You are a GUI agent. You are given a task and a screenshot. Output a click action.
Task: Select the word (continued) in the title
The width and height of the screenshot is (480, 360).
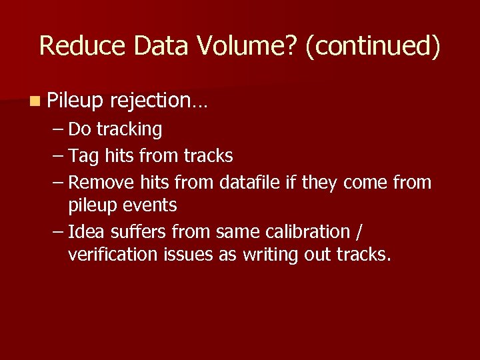point(373,46)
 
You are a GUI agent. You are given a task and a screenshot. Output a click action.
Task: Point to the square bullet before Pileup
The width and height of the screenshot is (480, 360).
point(34,101)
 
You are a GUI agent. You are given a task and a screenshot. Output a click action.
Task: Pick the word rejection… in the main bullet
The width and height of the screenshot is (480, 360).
point(159,101)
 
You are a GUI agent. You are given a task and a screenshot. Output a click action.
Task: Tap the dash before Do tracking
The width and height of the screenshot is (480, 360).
point(58,129)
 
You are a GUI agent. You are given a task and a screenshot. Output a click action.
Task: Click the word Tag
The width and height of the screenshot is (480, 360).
point(83,156)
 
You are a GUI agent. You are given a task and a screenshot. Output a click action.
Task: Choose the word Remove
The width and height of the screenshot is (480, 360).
point(102,182)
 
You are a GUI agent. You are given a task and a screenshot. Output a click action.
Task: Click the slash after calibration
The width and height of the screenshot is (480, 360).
point(360,232)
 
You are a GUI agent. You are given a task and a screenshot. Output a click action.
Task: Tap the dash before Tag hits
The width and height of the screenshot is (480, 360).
point(58,156)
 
